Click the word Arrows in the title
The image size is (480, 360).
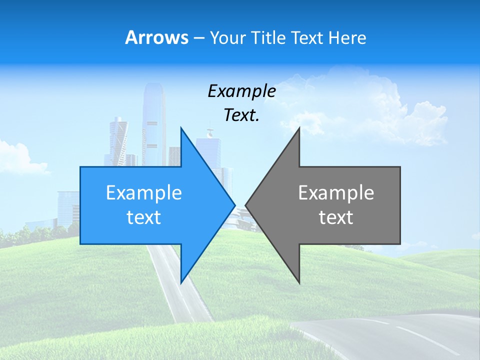(156, 37)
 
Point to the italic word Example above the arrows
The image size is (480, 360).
(241, 91)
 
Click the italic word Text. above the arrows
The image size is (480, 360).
(241, 115)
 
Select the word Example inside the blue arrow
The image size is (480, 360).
(143, 192)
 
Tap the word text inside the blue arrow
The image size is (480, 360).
(143, 217)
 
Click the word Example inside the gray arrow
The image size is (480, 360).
(336, 192)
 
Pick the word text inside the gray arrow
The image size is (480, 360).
(336, 217)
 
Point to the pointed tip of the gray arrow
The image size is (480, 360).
(246, 205)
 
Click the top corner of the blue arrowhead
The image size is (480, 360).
(181, 128)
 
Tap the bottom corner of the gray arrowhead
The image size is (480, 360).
(299, 283)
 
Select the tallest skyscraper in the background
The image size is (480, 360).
(153, 120)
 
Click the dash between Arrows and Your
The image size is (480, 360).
(198, 38)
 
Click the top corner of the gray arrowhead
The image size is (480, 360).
(299, 128)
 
